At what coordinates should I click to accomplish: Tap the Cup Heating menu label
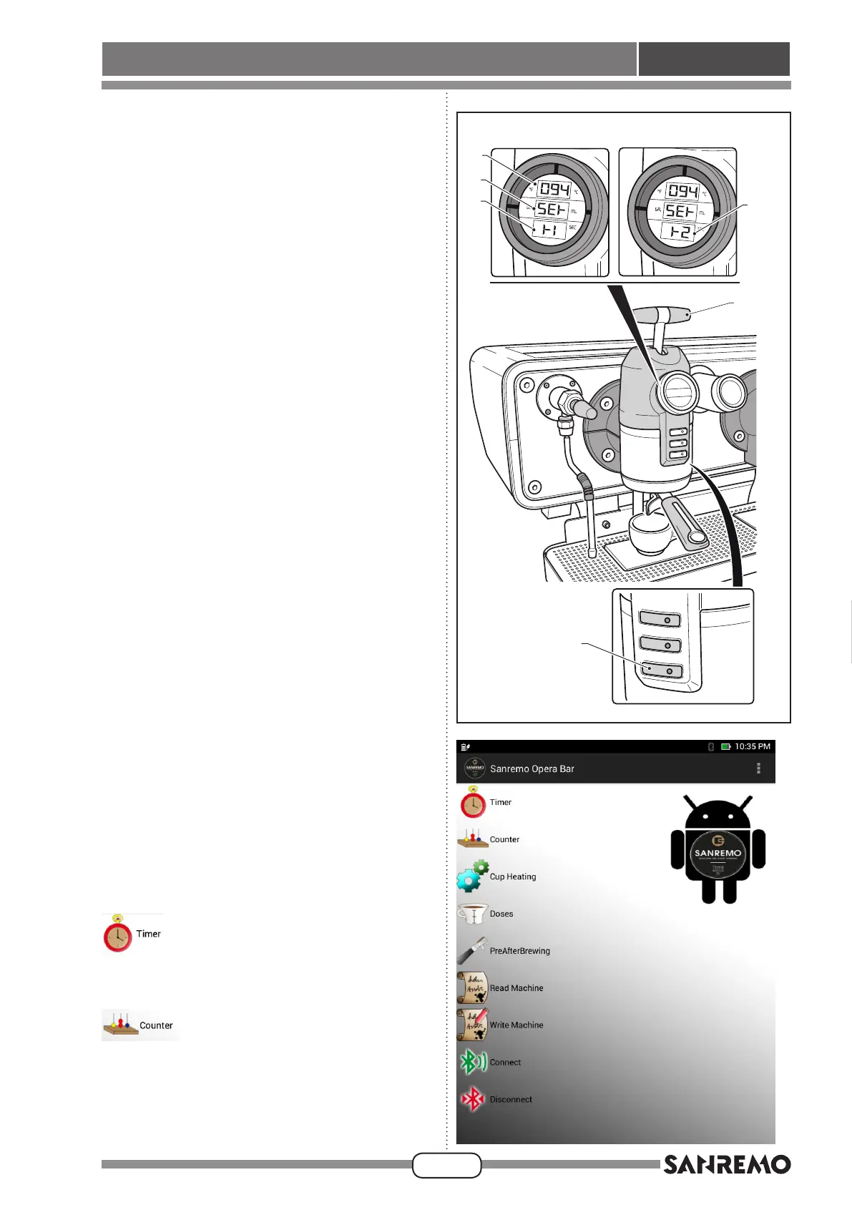click(x=512, y=877)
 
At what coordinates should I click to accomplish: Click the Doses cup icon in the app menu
click(x=472, y=914)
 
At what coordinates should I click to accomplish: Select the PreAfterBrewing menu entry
click(x=519, y=951)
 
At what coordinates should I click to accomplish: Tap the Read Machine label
click(x=516, y=988)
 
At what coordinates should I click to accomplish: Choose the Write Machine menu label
click(x=516, y=1025)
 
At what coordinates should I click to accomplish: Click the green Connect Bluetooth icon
click(x=471, y=1062)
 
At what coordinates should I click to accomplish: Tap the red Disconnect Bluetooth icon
click(x=472, y=1099)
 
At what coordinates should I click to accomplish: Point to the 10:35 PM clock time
click(x=752, y=746)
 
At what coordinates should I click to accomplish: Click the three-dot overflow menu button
click(x=758, y=769)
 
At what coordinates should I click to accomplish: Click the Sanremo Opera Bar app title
click(x=532, y=769)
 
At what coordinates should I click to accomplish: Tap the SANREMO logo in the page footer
click(x=726, y=1165)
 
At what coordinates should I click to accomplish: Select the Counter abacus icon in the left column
click(x=119, y=1025)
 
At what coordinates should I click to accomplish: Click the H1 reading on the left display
click(x=549, y=230)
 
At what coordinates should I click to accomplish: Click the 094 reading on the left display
click(x=554, y=190)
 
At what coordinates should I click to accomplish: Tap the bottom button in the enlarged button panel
click(x=661, y=670)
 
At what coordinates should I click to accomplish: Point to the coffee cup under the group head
click(x=649, y=532)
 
